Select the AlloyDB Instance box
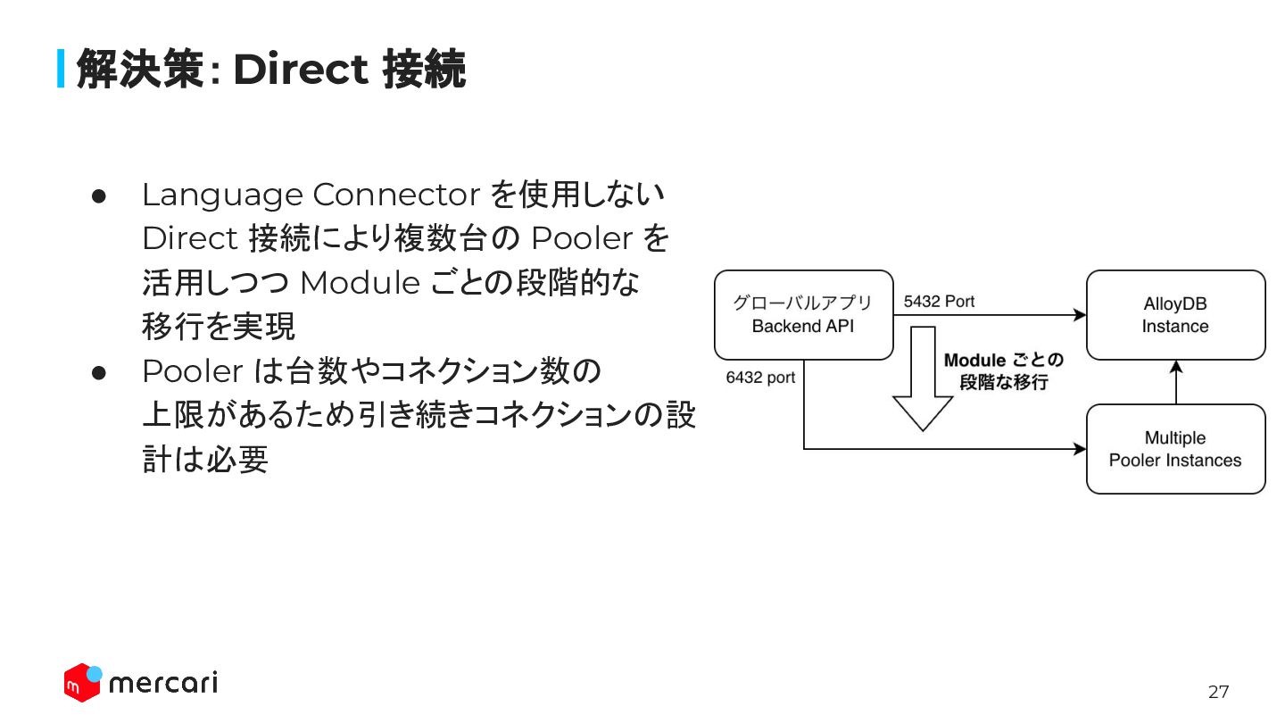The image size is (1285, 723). [1175, 315]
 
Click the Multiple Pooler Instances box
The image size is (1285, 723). [1175, 449]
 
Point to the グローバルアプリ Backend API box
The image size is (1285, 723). [803, 315]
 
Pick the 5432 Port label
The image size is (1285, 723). [939, 302]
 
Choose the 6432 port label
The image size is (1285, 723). [760, 378]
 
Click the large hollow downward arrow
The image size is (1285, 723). [924, 379]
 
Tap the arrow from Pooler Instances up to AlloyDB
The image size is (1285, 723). [1176, 382]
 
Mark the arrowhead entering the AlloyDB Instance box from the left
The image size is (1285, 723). [1080, 315]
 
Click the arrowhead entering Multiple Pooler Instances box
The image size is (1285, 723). [1080, 449]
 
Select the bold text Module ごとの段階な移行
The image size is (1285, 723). [1004, 371]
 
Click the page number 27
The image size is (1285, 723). [1218, 692]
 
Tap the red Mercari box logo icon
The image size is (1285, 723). [82, 683]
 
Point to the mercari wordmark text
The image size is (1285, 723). [162, 684]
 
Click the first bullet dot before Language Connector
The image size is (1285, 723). [99, 195]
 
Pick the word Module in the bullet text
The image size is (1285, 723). [360, 283]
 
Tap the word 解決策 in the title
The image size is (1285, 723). [141, 69]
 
